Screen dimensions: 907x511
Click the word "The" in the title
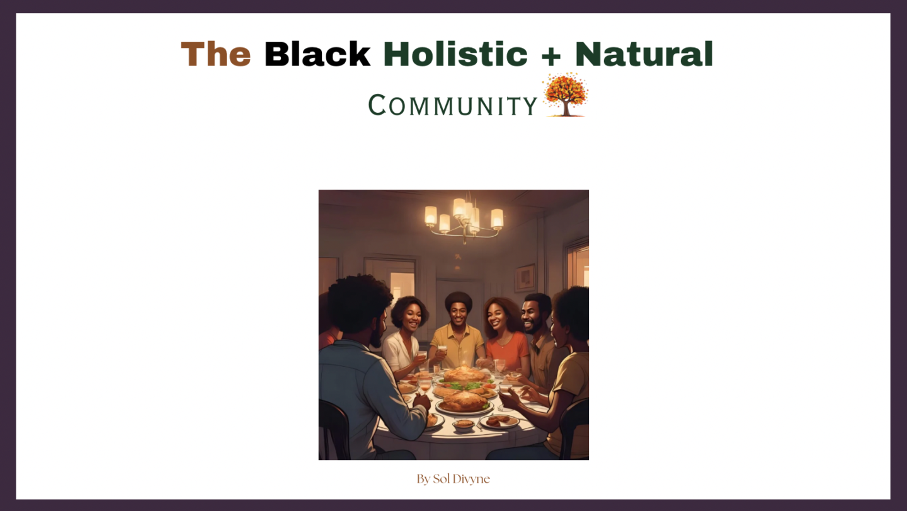point(216,54)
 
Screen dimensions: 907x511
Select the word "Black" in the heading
point(317,54)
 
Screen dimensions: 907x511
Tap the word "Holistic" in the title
point(455,54)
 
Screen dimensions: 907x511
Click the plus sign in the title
point(551,55)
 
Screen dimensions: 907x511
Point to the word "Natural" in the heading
point(644,54)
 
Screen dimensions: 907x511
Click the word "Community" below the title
point(453,105)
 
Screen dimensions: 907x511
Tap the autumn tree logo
point(565,95)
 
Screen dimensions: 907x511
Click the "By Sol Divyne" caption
point(453,479)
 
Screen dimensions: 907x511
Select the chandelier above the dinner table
point(464,220)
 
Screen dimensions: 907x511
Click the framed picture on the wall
point(525,278)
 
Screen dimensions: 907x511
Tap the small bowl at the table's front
point(464,424)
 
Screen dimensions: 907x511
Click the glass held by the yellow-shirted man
point(442,352)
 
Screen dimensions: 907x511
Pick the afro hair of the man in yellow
point(459,300)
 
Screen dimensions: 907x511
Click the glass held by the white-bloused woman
point(422,357)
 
